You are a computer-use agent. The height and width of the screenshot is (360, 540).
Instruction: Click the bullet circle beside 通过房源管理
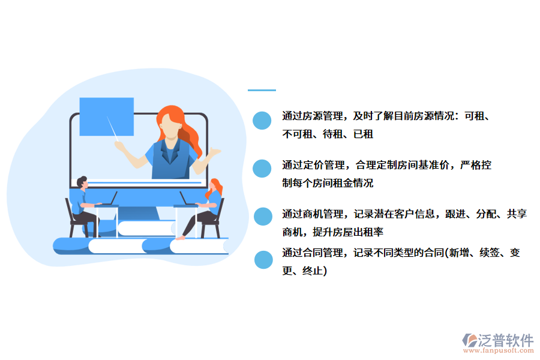tap(262, 121)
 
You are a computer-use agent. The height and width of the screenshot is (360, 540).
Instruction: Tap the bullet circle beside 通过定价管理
tap(262, 169)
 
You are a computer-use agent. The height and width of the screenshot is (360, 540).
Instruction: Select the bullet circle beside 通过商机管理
tap(263, 217)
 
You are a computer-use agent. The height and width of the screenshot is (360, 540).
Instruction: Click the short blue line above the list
tap(262, 91)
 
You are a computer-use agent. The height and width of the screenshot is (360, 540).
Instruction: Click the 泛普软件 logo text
tap(505, 340)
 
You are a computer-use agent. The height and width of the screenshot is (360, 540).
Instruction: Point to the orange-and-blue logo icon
tap(470, 341)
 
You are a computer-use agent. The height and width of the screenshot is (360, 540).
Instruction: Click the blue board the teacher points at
tap(106, 116)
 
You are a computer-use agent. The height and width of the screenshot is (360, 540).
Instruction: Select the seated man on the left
tap(82, 204)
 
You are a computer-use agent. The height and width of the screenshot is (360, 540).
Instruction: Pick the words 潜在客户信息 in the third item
tap(409, 214)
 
